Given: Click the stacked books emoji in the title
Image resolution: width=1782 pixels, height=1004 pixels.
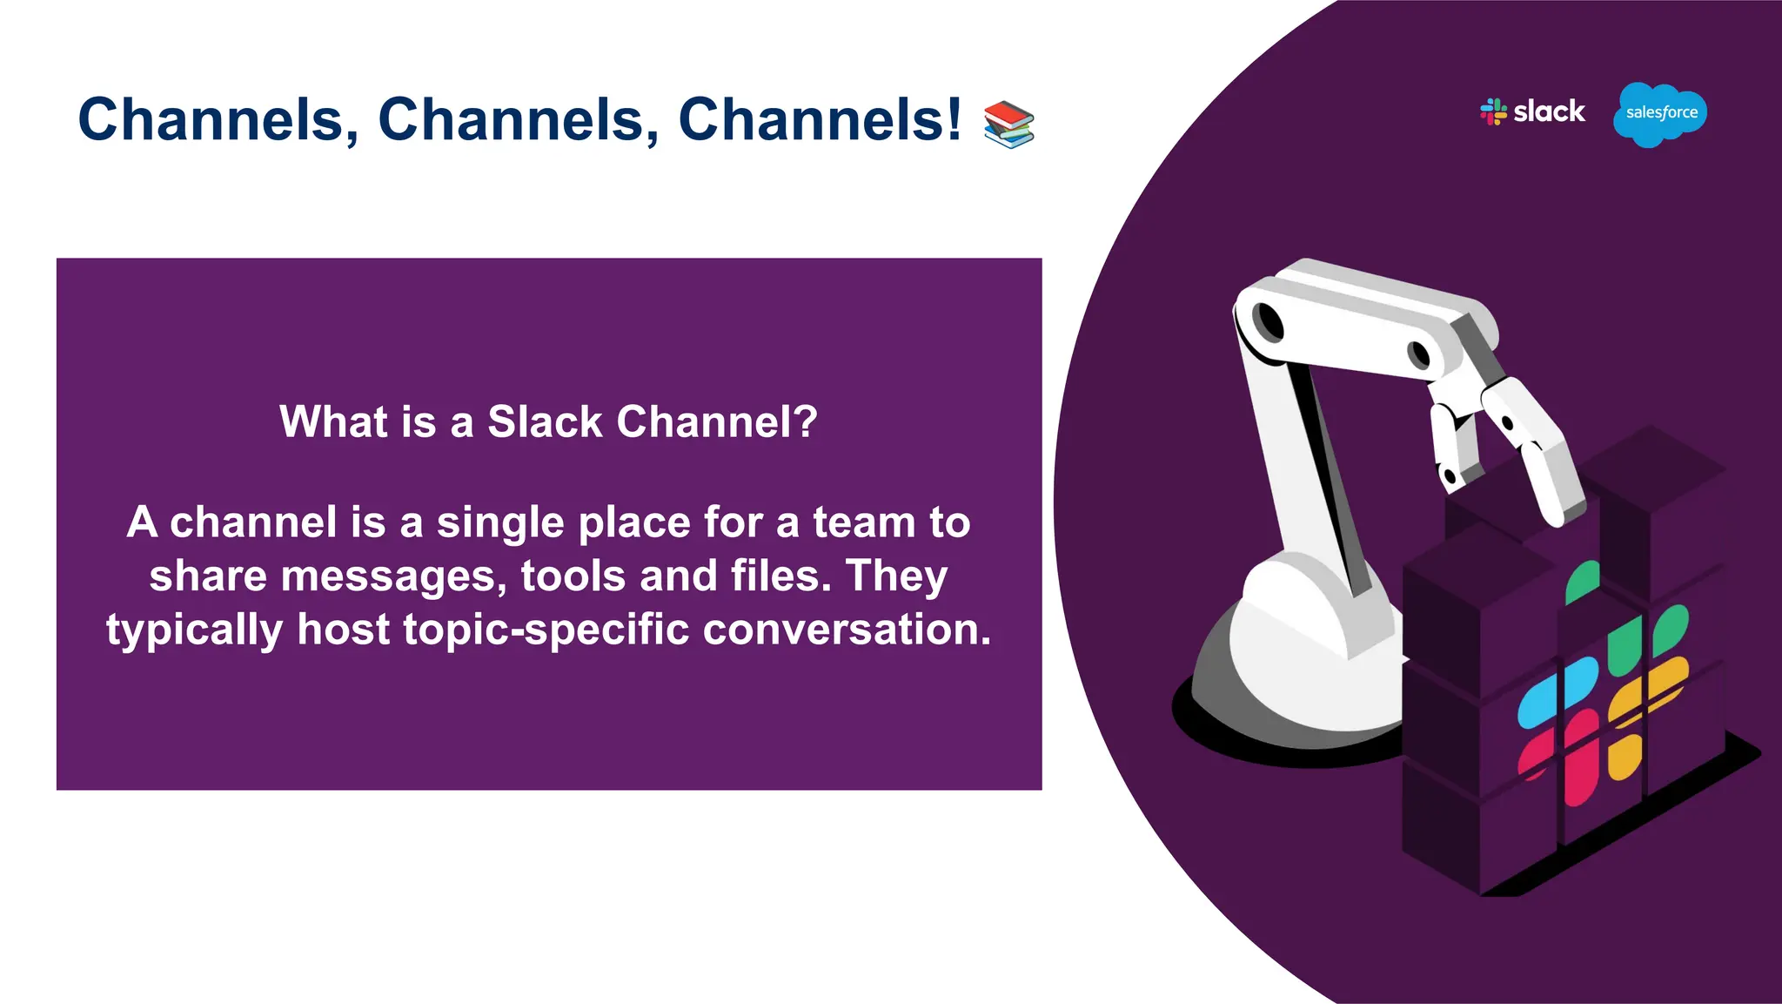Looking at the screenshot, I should (x=1008, y=124).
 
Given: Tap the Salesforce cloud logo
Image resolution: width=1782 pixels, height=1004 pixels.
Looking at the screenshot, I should (x=1660, y=113).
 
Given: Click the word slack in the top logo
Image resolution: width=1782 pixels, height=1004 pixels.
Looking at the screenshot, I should (x=1549, y=111).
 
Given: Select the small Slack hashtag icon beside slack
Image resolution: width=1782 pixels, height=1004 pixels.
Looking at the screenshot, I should (x=1493, y=111).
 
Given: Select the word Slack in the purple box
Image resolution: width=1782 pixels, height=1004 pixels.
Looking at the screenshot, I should (x=545, y=422).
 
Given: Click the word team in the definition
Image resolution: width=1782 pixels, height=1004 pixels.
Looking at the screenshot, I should (x=863, y=523).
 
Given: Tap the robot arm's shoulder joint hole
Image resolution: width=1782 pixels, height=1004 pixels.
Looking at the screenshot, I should (x=1270, y=322).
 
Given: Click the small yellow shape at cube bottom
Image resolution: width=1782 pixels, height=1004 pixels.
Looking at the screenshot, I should (x=1624, y=758).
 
